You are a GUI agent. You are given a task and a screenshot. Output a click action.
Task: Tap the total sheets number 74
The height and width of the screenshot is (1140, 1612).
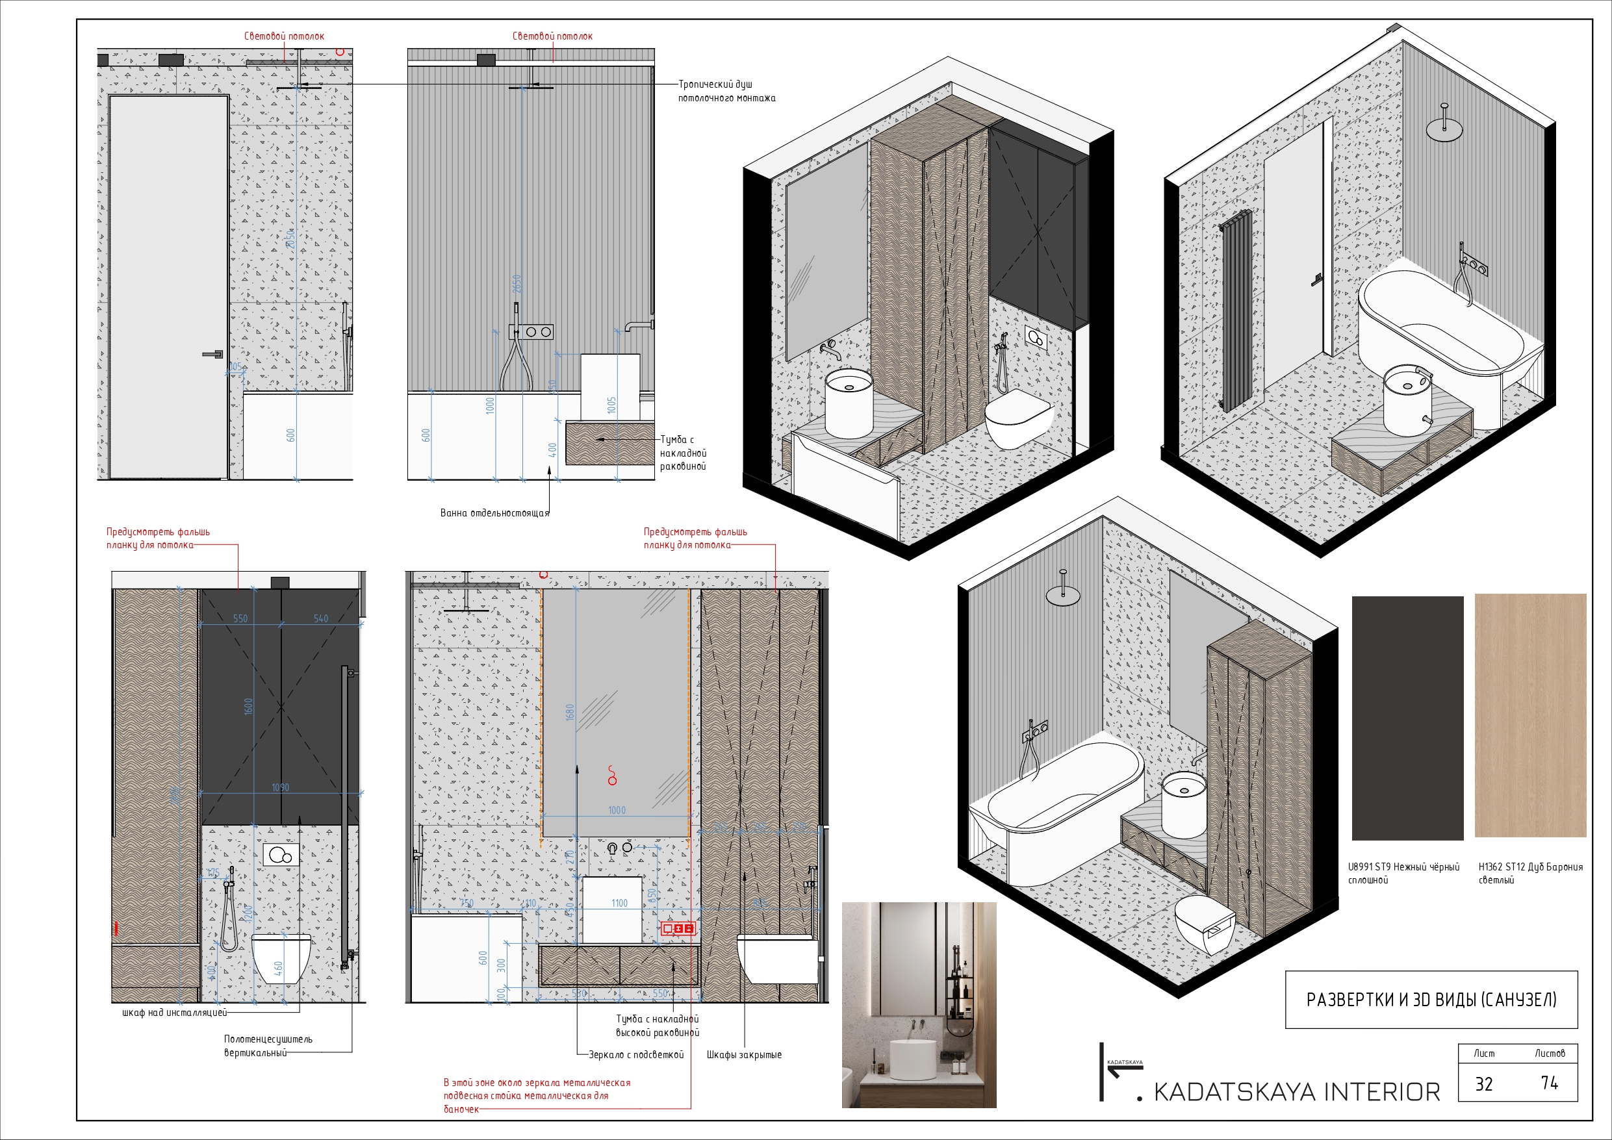(x=1549, y=1083)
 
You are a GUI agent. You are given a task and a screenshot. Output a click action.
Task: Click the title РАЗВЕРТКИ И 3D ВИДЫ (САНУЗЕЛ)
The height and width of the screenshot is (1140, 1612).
(x=1431, y=1000)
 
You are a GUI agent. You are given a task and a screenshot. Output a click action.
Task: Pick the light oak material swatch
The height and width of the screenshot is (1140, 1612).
(x=1530, y=715)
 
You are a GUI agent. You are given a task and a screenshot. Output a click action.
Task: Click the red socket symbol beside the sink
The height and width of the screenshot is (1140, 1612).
(x=678, y=929)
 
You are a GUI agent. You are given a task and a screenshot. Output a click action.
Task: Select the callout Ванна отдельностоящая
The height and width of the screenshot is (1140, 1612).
(x=494, y=513)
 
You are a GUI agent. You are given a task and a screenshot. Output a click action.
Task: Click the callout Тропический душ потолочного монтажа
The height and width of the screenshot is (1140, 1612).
(x=726, y=91)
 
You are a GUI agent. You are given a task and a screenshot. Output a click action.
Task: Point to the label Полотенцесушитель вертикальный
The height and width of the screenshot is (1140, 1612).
(x=268, y=1045)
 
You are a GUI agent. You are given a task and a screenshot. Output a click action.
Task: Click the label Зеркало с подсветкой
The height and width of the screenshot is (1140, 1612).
(x=635, y=1054)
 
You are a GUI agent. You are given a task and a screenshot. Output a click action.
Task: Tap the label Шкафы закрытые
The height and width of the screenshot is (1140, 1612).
(x=743, y=1054)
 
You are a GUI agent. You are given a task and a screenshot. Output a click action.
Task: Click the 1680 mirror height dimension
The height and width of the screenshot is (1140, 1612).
(x=570, y=712)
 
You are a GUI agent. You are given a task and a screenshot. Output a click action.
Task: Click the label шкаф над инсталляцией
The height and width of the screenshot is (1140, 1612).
(x=174, y=1013)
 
